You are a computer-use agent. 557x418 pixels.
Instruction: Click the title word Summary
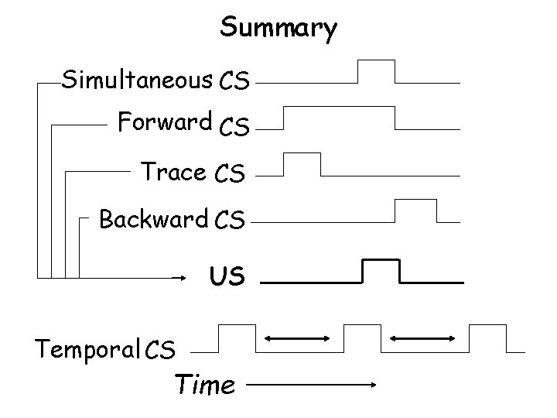point(278,28)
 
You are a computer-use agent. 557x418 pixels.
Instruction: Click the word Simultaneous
point(137,79)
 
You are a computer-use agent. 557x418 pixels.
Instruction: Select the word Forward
point(164,122)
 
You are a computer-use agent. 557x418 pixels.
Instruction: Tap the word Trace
point(173,172)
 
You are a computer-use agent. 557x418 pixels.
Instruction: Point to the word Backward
point(153,220)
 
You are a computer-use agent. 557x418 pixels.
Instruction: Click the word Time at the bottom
point(204,384)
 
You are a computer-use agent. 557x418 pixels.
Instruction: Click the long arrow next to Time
point(314,384)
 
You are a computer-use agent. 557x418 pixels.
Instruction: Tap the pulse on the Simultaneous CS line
point(376,71)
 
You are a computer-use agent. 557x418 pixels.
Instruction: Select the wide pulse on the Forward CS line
point(338,118)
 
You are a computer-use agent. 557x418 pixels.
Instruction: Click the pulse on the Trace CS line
point(302,165)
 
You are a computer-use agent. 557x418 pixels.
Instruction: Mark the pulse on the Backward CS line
point(416,211)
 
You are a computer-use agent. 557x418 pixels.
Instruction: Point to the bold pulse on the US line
point(381,271)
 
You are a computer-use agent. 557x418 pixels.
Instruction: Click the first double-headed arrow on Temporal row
point(298,338)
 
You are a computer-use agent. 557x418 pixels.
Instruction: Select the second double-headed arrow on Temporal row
point(422,338)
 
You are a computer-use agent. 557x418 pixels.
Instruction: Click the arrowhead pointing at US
point(183,276)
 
